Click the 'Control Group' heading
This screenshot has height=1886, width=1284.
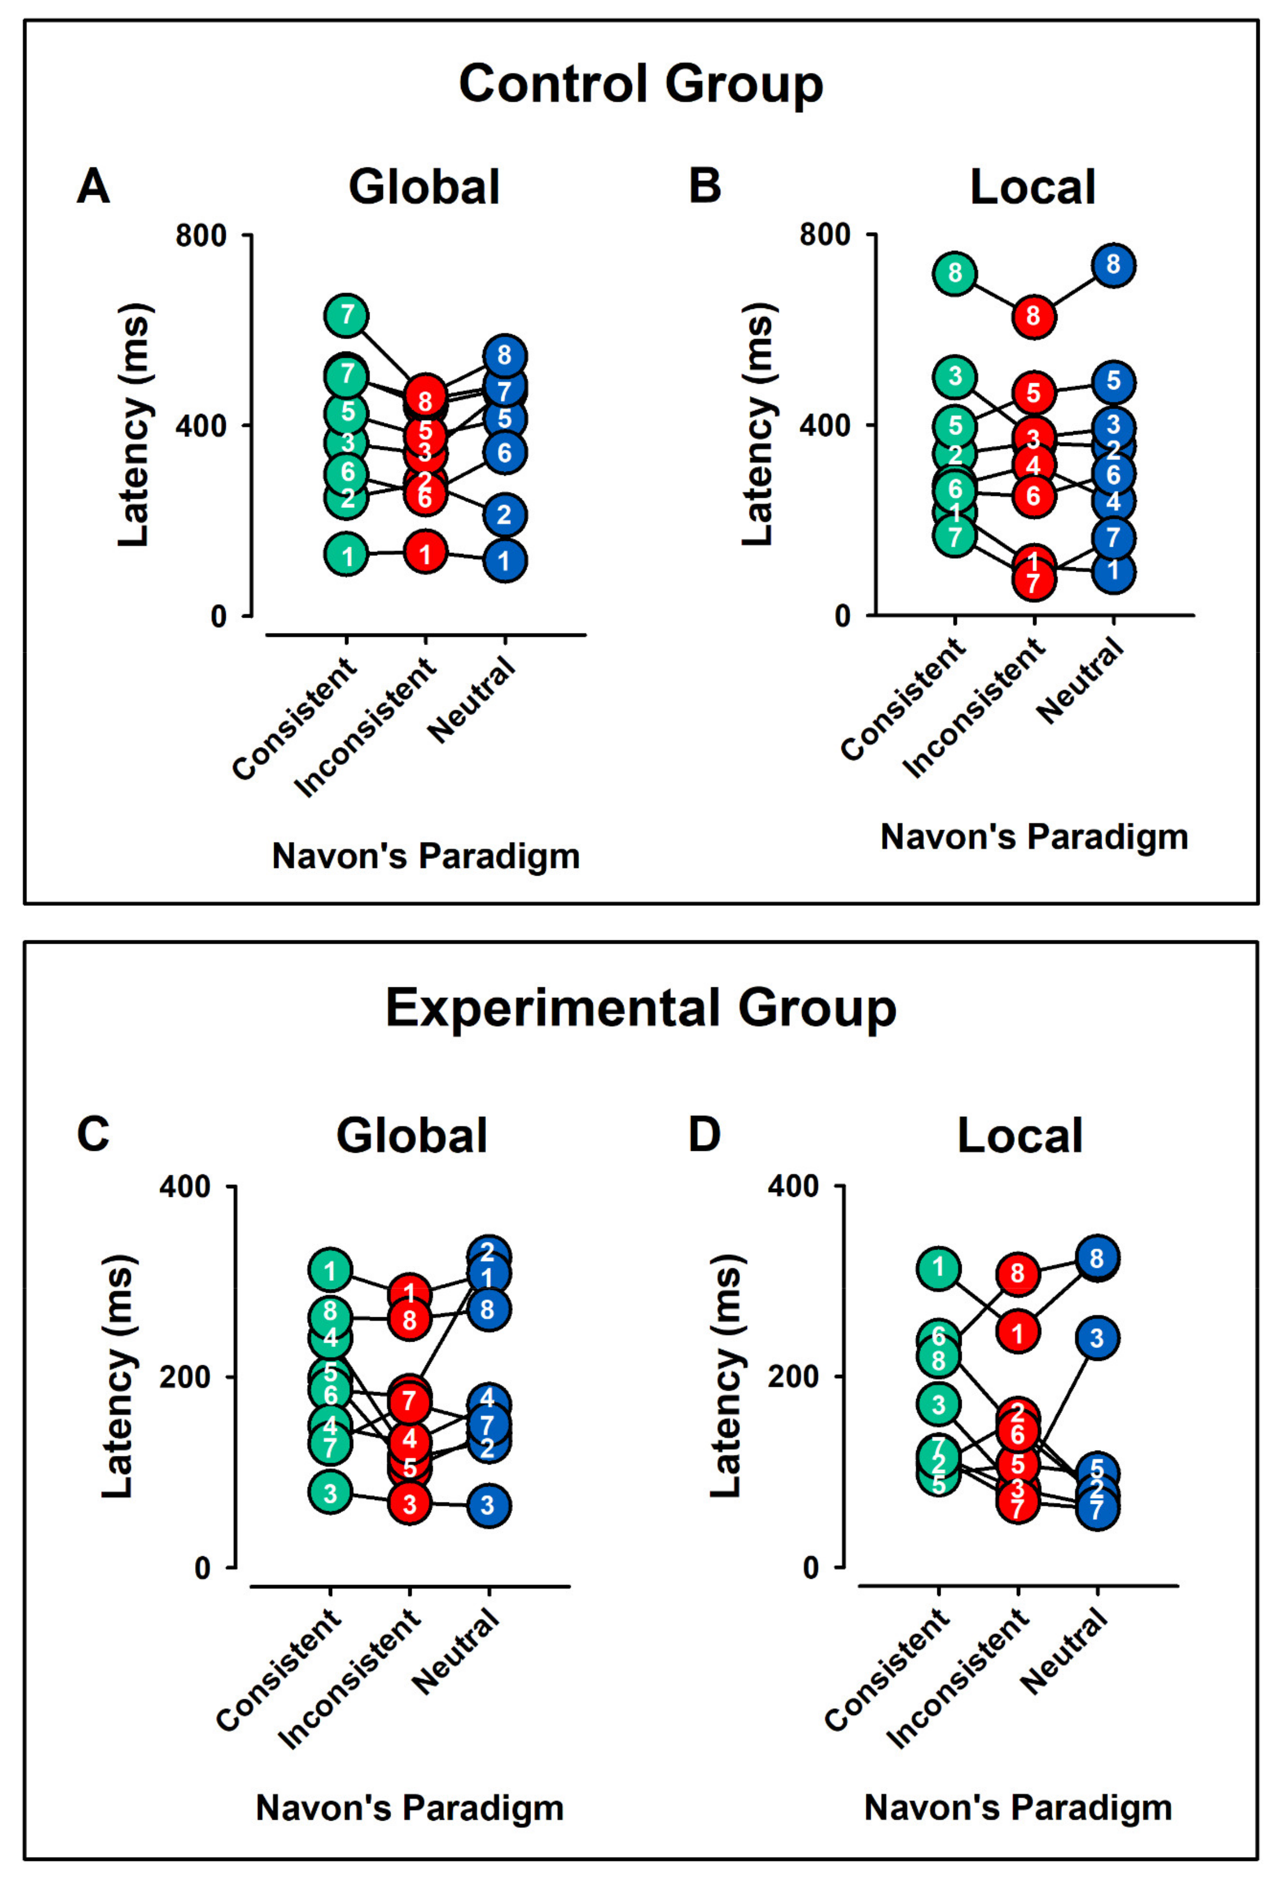pyautogui.click(x=641, y=84)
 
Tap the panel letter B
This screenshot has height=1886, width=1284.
pyautogui.click(x=704, y=186)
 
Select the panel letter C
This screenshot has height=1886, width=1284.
pyautogui.click(x=92, y=1134)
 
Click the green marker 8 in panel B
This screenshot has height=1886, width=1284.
pyautogui.click(x=955, y=273)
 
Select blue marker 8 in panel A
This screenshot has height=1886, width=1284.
pyautogui.click(x=504, y=355)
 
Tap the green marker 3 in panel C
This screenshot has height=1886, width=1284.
pyautogui.click(x=329, y=1492)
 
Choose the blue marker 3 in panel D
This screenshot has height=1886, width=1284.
pyautogui.click(x=1097, y=1338)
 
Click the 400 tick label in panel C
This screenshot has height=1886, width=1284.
pyautogui.click(x=185, y=1187)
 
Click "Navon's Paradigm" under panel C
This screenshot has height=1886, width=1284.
pyautogui.click(x=410, y=1808)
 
